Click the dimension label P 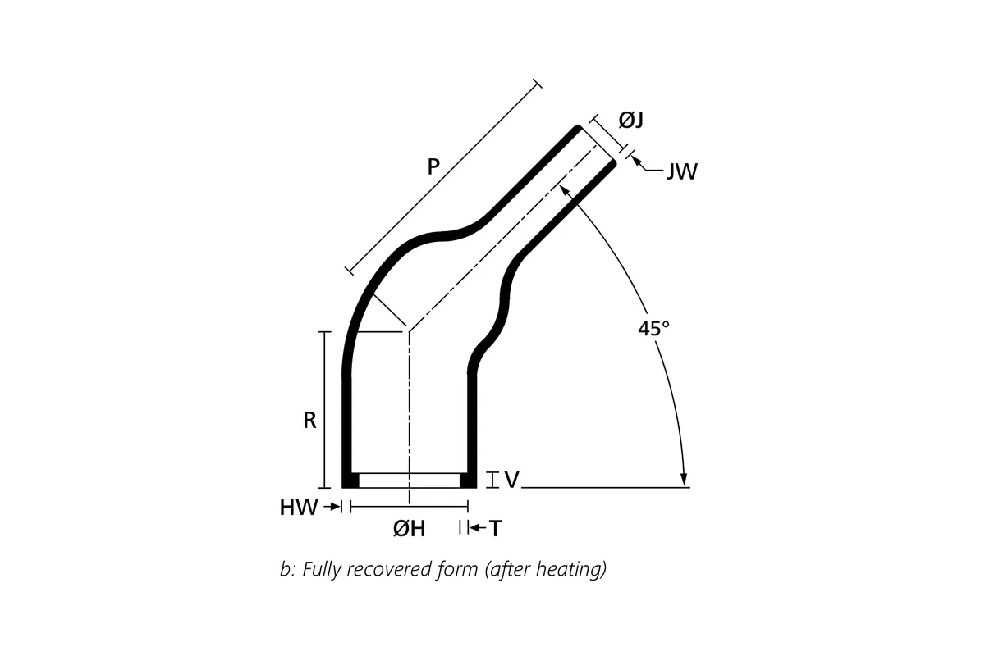tap(433, 166)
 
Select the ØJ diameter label tap(630, 121)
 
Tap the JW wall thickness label tap(681, 172)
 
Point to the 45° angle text tap(654, 329)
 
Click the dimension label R tap(309, 421)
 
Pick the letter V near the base tap(511, 480)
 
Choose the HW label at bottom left tap(298, 508)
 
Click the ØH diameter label tap(409, 530)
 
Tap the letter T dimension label tap(495, 530)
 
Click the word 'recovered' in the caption tap(390, 569)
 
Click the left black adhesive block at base tap(350, 481)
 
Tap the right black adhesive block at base tap(468, 481)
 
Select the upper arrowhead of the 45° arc tap(566, 189)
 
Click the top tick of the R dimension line tap(325, 332)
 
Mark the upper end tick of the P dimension tap(538, 83)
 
